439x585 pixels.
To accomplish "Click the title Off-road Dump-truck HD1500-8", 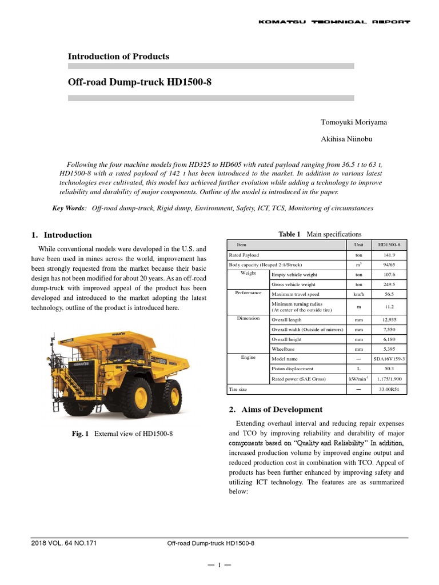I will (139, 82).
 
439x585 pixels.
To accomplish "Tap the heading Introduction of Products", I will (118, 56).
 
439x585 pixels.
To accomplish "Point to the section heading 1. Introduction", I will (61, 235).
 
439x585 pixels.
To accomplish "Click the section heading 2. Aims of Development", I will (276, 409).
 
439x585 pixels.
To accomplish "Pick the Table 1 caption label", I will (289, 234).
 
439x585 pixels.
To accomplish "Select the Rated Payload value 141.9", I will (390, 255).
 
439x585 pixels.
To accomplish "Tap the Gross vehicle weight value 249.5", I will (390, 284).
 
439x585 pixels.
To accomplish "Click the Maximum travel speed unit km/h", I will (358, 294).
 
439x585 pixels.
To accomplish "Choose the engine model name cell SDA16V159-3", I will (389, 358).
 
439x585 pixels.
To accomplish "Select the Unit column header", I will (358, 245).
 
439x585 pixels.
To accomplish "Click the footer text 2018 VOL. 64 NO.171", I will (64, 543).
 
